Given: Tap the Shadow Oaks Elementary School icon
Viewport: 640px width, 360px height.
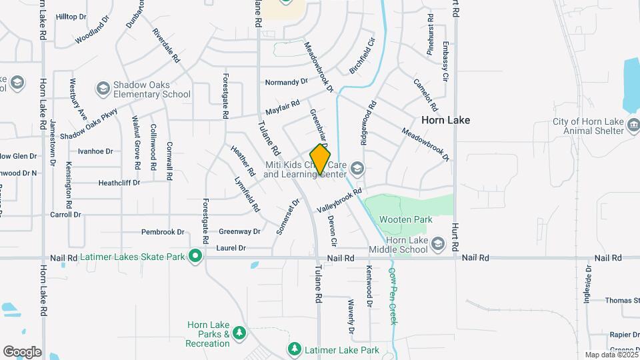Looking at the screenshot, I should tap(103, 88).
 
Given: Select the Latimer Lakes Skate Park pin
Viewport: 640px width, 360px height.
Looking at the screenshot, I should tap(195, 256).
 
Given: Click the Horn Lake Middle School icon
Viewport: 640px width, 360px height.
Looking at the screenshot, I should tap(437, 245).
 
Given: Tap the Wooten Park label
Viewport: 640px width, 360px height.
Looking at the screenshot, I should tap(405, 219).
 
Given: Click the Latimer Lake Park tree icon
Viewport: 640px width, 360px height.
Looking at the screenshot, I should tap(294, 349).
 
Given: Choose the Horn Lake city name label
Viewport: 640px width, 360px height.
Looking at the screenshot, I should tap(445, 120).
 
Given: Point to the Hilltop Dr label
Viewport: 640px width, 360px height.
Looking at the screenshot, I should tap(72, 17).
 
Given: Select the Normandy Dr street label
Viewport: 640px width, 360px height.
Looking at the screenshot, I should tap(287, 82).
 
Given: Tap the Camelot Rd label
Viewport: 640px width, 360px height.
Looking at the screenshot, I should tap(425, 95).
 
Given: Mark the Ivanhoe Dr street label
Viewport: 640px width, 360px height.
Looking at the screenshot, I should tap(95, 151).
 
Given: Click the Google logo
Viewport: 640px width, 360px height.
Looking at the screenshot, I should tap(22, 352).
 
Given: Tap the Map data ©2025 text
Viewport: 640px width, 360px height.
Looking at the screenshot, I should tap(610, 355).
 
